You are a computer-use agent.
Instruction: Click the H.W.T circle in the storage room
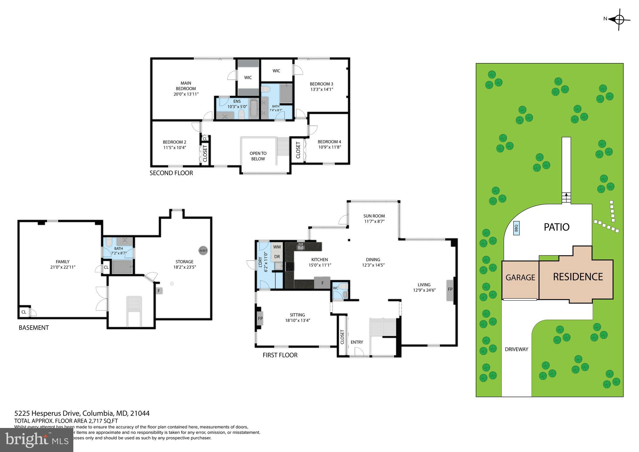click(203, 250)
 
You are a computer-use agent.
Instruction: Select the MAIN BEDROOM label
click(186, 86)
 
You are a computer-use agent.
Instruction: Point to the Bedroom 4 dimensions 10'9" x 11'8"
click(329, 147)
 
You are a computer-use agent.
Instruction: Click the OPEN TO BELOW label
click(258, 156)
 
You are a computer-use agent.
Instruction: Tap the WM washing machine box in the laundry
click(277, 247)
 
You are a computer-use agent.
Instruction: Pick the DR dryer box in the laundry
click(277, 257)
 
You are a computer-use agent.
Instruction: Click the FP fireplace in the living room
click(450, 290)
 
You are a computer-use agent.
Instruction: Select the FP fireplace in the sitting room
click(260, 318)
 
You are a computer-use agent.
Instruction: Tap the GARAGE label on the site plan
click(520, 277)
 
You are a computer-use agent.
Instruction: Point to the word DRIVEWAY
click(516, 349)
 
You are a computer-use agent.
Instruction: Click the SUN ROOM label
click(374, 216)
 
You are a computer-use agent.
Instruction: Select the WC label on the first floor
click(335, 288)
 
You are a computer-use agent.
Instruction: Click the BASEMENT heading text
click(34, 328)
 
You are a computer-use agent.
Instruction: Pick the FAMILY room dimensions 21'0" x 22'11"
click(63, 267)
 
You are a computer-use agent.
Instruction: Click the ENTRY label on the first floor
click(357, 342)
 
